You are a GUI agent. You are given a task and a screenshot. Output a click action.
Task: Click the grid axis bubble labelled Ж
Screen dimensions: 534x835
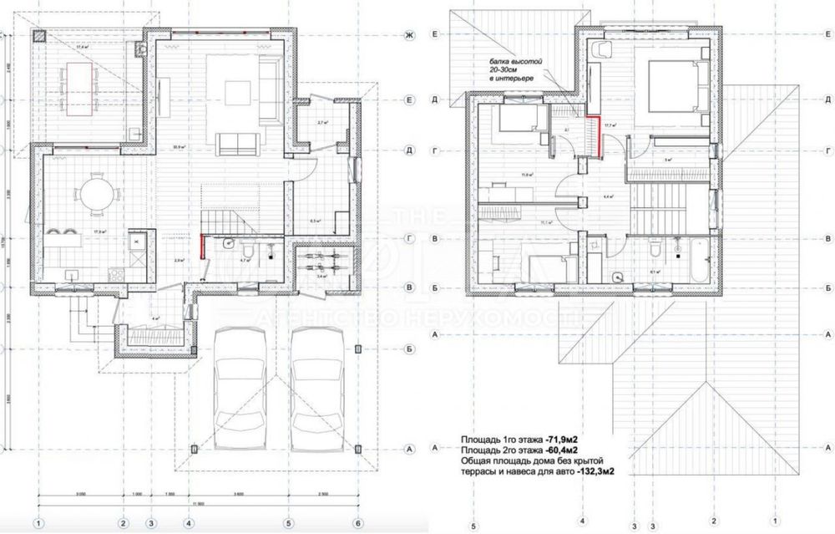pos(410,35)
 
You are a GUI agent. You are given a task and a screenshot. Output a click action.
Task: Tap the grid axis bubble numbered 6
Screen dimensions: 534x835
pos(357,524)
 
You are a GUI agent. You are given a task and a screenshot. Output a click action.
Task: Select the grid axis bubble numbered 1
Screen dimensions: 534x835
pos(38,524)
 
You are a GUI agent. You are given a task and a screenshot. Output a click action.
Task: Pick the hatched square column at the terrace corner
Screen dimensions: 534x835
pos(39,37)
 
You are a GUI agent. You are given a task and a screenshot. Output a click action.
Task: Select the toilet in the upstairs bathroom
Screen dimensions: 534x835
pos(655,248)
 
